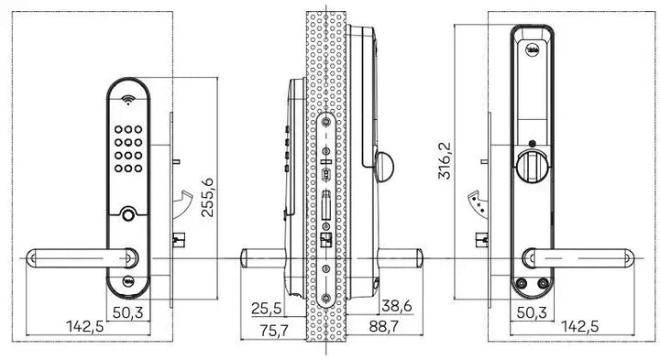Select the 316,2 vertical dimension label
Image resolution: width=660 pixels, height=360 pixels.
[446, 161]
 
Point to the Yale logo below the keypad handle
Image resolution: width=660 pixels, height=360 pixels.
[126, 281]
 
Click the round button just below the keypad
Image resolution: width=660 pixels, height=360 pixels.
[126, 216]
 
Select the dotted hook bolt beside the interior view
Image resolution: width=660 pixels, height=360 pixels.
[476, 202]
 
